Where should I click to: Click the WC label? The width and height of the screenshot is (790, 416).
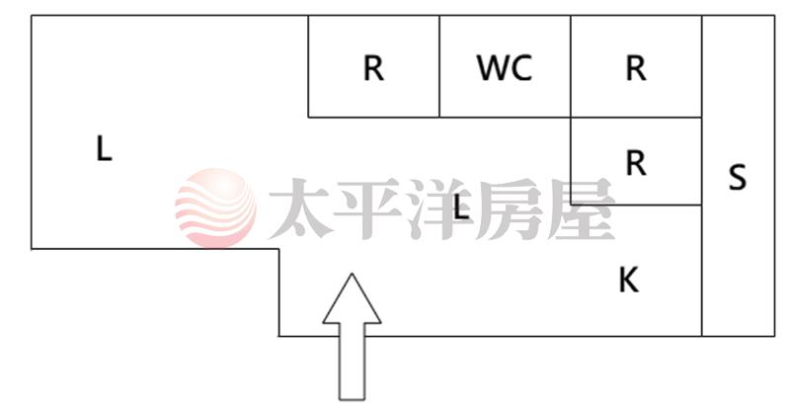click(504, 68)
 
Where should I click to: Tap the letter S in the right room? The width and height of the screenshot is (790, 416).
click(737, 178)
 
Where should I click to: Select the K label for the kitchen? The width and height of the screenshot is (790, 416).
click(628, 281)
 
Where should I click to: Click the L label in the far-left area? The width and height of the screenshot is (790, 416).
click(104, 149)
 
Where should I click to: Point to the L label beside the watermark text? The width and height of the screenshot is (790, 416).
click(459, 208)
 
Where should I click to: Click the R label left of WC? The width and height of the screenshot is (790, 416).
click(373, 68)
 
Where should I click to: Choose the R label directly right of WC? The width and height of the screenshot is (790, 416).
click(635, 68)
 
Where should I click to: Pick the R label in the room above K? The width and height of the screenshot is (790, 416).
click(635, 163)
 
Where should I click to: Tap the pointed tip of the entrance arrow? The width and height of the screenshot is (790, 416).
click(352, 276)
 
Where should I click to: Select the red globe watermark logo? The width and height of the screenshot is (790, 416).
click(214, 208)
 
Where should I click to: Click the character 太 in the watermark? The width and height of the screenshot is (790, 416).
click(302, 209)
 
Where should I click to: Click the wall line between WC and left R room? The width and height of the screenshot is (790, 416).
click(439, 67)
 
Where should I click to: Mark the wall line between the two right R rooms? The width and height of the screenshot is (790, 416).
click(636, 118)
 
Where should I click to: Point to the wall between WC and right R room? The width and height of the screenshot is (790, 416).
click(571, 67)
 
